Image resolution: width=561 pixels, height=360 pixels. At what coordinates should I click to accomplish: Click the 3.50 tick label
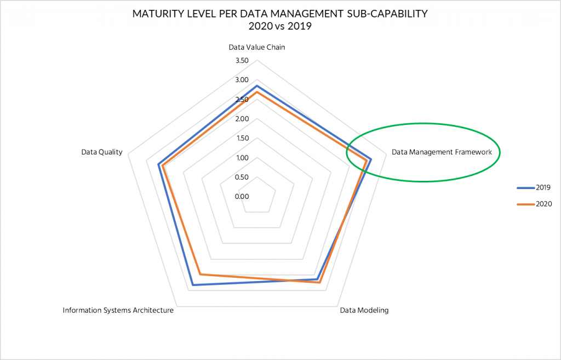(241, 61)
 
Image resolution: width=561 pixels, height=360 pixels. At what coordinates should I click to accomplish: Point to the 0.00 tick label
(241, 197)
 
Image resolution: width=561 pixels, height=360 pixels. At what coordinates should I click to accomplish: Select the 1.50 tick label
(241, 139)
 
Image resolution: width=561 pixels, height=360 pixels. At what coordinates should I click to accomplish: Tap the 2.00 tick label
(241, 119)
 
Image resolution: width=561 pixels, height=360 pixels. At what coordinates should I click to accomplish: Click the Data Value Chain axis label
(256, 47)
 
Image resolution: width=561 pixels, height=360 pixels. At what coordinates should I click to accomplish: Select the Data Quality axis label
(101, 152)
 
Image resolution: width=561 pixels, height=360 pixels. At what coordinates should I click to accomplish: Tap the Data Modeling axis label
(364, 310)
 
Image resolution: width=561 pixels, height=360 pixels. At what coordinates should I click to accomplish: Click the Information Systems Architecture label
(118, 310)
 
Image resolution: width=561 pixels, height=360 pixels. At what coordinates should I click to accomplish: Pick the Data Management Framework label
(442, 152)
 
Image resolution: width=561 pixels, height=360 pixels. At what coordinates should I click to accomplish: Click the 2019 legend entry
(542, 187)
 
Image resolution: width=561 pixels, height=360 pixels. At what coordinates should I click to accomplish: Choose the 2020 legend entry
(542, 204)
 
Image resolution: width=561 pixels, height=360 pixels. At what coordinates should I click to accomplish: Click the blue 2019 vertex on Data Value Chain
(256, 86)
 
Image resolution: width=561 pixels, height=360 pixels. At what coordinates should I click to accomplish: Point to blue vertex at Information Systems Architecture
(193, 285)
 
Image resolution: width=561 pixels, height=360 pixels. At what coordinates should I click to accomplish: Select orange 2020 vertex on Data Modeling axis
(320, 283)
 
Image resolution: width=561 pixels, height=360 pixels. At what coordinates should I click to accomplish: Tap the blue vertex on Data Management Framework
(371, 159)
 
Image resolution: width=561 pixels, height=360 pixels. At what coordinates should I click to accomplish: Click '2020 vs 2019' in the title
(280, 26)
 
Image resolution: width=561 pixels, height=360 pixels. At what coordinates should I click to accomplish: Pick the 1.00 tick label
(241, 158)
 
